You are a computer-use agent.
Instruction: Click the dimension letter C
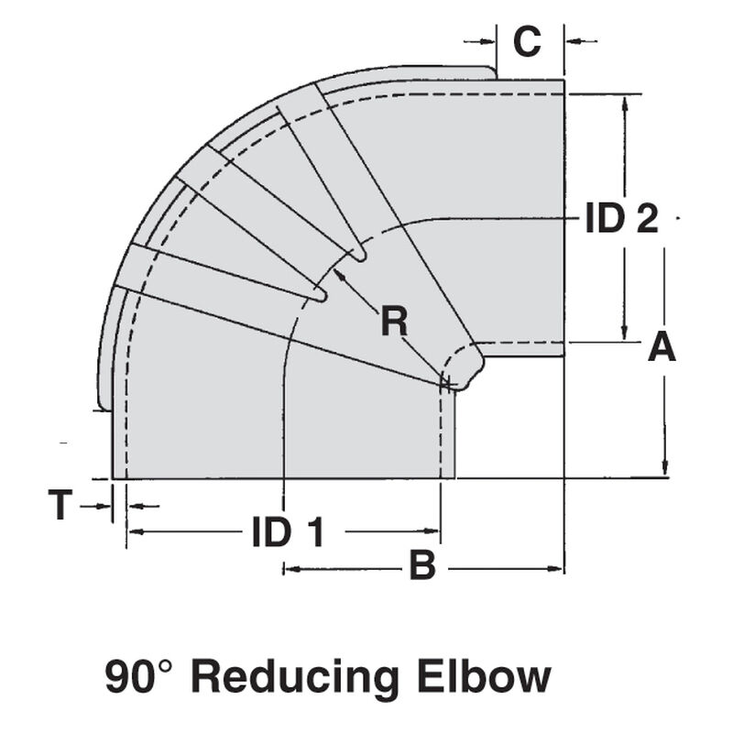pyautogui.click(x=527, y=41)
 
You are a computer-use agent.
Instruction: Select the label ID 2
pyautogui.click(x=622, y=220)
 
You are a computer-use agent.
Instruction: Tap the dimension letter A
pyautogui.click(x=662, y=348)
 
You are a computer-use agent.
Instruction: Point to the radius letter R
pyautogui.click(x=394, y=322)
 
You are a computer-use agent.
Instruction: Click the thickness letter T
pyautogui.click(x=60, y=506)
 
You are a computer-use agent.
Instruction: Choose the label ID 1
pyautogui.click(x=288, y=532)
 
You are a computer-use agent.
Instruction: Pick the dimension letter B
pyautogui.click(x=421, y=567)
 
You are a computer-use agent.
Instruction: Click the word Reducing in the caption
pyautogui.click(x=295, y=677)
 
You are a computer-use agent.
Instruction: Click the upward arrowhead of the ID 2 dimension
pyautogui.click(x=625, y=102)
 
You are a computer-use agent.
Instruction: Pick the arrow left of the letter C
pyautogui.click(x=487, y=40)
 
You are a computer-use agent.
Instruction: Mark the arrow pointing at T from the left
pyautogui.click(x=104, y=506)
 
